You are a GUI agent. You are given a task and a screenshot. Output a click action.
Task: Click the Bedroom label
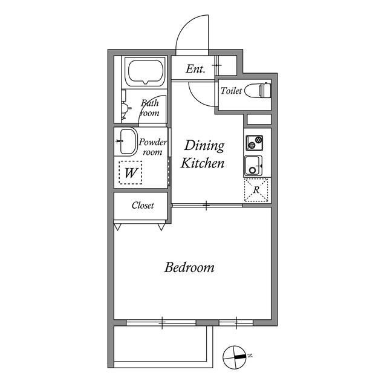pyautogui.click(x=189, y=267)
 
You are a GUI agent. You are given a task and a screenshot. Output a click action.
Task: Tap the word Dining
pyautogui.click(x=204, y=146)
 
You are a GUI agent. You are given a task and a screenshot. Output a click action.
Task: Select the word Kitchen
pyautogui.click(x=203, y=163)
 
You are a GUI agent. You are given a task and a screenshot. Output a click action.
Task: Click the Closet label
pyautogui.click(x=143, y=206)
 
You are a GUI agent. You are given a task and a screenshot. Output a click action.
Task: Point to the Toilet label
pyautogui.click(x=231, y=91)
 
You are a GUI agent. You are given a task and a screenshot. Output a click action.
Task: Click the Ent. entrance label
pyautogui.click(x=195, y=69)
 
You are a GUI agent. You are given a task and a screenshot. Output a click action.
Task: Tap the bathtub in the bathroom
pyautogui.click(x=146, y=71)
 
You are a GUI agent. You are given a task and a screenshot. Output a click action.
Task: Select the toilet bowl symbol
pyautogui.click(x=258, y=90)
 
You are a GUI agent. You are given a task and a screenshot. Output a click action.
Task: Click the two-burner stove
pyautogui.click(x=254, y=143)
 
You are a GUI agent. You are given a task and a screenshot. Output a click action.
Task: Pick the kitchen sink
pyautogui.click(x=253, y=166)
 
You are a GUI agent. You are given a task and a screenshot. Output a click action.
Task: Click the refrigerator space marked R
pyautogui.click(x=256, y=190)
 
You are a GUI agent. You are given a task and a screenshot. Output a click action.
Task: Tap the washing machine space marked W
pyautogui.click(x=131, y=172)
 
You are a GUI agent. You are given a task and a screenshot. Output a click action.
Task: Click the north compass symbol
pyautogui.click(x=235, y=357)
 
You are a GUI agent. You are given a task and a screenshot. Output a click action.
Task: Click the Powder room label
pyautogui.click(x=152, y=147)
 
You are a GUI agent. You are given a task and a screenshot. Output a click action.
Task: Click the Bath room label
pyautogui.click(x=149, y=108)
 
